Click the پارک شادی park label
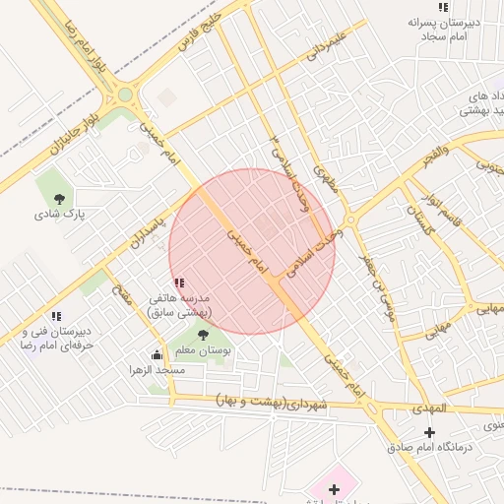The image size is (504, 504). pos(61,214)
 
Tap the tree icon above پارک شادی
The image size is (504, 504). pos(61,198)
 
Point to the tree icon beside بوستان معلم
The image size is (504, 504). pos(203,336)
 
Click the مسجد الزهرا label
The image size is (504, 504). pos(157,370)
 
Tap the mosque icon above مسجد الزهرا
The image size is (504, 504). pos(157,355)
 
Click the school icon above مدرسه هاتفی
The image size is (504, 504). pos(178,283)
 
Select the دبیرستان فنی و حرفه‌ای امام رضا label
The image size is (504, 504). pos(56,339)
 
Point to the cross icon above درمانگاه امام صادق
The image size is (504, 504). pos(429,433)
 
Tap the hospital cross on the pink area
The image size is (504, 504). pos(334,488)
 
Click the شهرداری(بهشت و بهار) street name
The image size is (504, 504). pos(270,403)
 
